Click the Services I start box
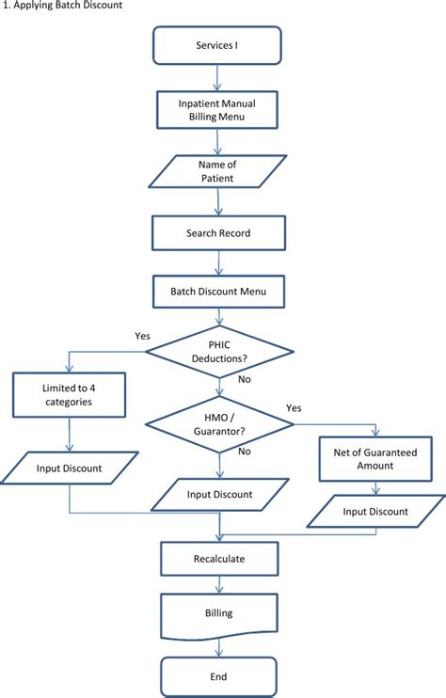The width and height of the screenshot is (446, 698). click(x=218, y=45)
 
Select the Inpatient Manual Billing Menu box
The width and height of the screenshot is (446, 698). click(x=218, y=111)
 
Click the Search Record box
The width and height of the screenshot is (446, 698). click(x=218, y=232)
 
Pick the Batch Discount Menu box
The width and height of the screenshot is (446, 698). click(x=218, y=292)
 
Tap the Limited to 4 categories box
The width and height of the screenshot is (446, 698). click(x=69, y=396)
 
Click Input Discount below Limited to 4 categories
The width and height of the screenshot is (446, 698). click(x=69, y=468)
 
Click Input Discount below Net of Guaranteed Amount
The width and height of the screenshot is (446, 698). click(x=375, y=512)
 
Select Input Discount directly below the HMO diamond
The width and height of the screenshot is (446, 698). click(x=218, y=494)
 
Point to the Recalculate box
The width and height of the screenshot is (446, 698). click(x=218, y=558)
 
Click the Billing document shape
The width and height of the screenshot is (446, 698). click(x=218, y=612)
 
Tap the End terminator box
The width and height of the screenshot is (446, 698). click(x=218, y=675)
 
